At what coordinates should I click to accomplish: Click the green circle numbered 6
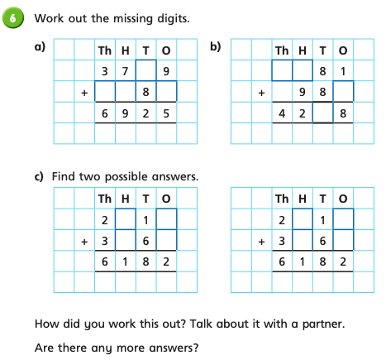coord(12,18)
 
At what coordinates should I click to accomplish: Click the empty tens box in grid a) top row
coord(145,70)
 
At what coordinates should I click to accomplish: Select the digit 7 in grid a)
coord(126,71)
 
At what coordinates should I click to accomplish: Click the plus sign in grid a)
coord(84,93)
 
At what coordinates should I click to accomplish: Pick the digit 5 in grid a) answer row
coord(166,113)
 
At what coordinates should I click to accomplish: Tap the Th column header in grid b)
coord(282,50)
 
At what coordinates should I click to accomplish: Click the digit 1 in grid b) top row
coord(343,71)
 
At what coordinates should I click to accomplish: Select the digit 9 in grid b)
coord(303,92)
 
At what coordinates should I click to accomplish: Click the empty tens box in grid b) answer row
coord(322,113)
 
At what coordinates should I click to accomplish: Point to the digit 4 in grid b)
coord(282,113)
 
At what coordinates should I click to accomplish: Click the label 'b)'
coord(216,46)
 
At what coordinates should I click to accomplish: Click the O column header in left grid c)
coord(166,199)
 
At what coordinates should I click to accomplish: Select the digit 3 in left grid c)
coord(105,241)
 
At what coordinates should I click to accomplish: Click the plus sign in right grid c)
coord(261,242)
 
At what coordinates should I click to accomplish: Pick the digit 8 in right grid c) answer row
coord(322,262)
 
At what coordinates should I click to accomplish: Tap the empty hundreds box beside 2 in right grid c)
coord(303,219)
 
